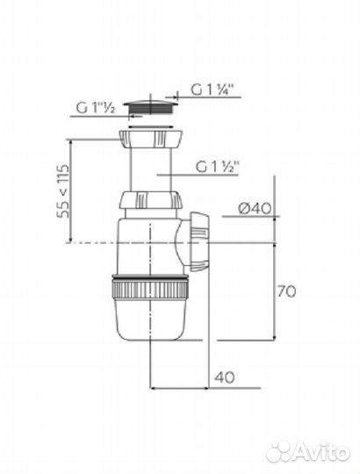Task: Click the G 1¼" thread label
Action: (x=213, y=90)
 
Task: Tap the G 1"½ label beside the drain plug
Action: (x=96, y=108)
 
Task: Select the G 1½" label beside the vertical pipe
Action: (x=218, y=167)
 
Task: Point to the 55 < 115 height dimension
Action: (x=64, y=191)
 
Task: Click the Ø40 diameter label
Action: (x=255, y=208)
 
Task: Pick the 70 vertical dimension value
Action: (x=286, y=291)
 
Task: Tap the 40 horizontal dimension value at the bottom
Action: (x=225, y=377)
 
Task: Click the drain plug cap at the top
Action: (x=150, y=108)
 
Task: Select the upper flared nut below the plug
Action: (x=151, y=139)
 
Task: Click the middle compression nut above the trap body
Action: (x=151, y=200)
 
